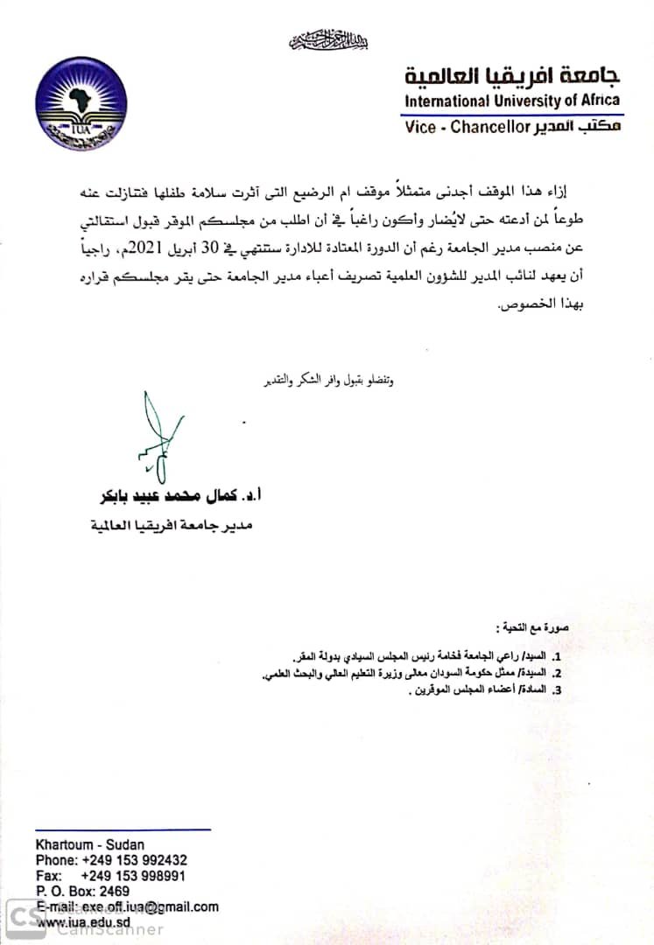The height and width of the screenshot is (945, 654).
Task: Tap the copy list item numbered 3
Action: point(477,690)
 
